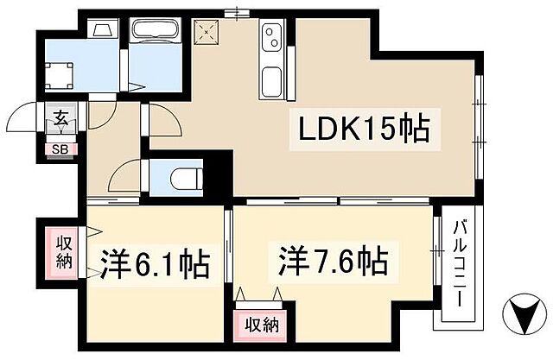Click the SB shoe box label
[x=61, y=148]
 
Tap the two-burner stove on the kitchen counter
[x=271, y=39]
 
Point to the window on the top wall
[x=232, y=13]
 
